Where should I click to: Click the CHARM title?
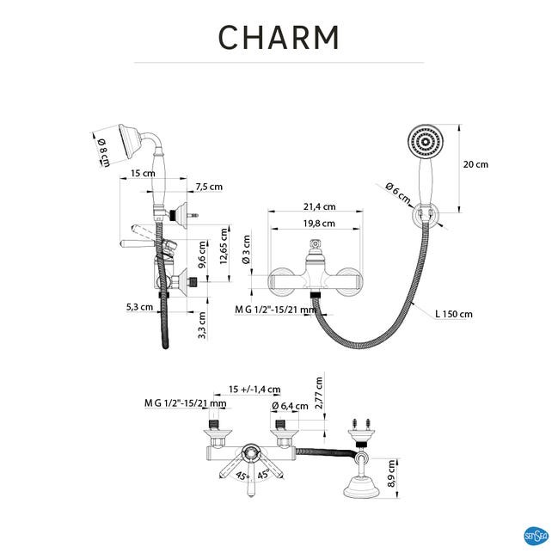(279, 37)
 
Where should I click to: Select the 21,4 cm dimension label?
(319, 206)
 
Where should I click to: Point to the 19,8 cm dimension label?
(319, 224)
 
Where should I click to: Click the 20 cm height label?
(475, 164)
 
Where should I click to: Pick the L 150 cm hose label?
(454, 314)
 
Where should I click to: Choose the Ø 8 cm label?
(103, 151)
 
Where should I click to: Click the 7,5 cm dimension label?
(209, 187)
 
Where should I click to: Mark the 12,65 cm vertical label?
(224, 246)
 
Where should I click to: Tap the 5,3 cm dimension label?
(139, 307)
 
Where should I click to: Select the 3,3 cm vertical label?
(202, 325)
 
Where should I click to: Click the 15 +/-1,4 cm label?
(254, 389)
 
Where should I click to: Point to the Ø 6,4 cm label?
(290, 406)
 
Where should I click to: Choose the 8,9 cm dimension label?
(391, 474)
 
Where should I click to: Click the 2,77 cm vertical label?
(319, 393)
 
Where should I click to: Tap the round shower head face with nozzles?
(425, 142)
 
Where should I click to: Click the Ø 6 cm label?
(398, 193)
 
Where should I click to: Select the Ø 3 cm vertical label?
(246, 249)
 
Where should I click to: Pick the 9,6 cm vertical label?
(202, 255)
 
